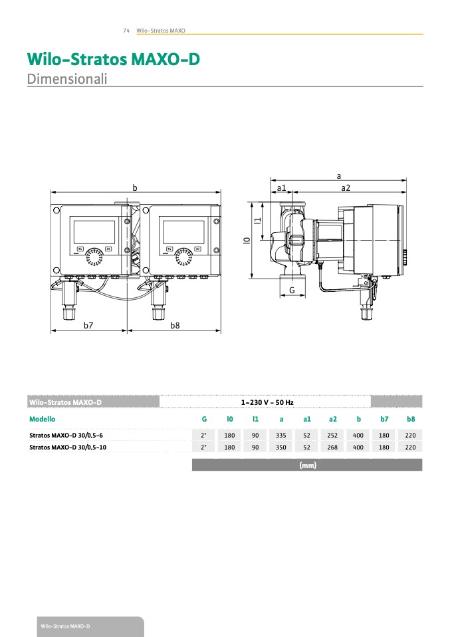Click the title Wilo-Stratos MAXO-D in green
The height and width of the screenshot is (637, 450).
113,59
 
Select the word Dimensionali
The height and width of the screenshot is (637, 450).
67,78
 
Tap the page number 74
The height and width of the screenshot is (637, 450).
126,31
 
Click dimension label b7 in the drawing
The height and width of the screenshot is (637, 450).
88,325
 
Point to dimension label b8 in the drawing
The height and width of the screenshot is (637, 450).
175,325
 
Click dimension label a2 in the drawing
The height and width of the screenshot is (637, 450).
345,188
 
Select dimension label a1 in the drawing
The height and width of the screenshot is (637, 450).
281,188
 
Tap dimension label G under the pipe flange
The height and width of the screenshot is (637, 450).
292,291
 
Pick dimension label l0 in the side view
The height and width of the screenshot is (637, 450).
247,240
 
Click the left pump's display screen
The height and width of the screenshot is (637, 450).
94,232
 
